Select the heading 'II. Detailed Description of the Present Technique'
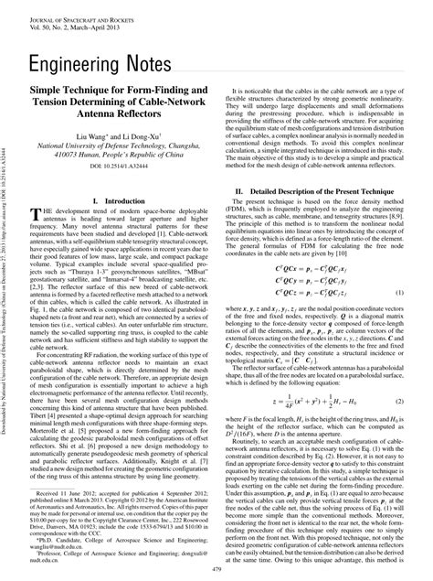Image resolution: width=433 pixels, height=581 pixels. (x=316, y=191)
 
